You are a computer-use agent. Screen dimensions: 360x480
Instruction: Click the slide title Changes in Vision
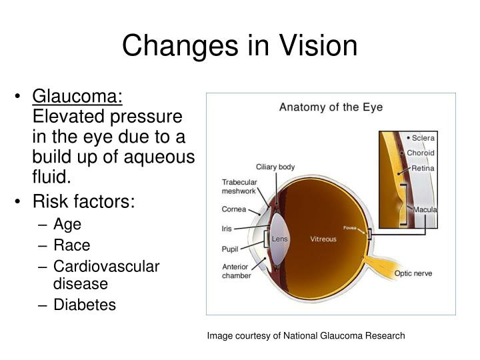point(240,45)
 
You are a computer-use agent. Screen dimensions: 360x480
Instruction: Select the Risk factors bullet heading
point(93,200)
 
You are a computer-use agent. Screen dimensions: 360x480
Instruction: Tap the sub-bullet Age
point(67,225)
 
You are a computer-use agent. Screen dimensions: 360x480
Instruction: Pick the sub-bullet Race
point(71,245)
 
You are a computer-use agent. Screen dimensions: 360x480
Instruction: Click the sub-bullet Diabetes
point(84,305)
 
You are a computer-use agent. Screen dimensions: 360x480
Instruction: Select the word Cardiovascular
point(106,266)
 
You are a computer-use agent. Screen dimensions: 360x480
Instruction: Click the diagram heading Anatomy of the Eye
point(331,107)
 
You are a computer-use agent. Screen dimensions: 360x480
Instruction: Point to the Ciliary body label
point(275,167)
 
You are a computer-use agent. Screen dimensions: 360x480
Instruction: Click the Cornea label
point(234,209)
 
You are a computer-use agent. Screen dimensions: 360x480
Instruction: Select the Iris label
point(227,228)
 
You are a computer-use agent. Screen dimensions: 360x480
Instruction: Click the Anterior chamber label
point(237,270)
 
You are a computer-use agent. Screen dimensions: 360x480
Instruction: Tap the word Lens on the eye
point(279,238)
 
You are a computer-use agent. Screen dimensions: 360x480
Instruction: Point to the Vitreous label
point(323,238)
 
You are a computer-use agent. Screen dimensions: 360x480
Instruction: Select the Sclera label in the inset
point(423,138)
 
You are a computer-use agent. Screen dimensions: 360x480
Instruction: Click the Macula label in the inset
point(425,209)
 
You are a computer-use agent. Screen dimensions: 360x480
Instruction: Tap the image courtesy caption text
point(305,335)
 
